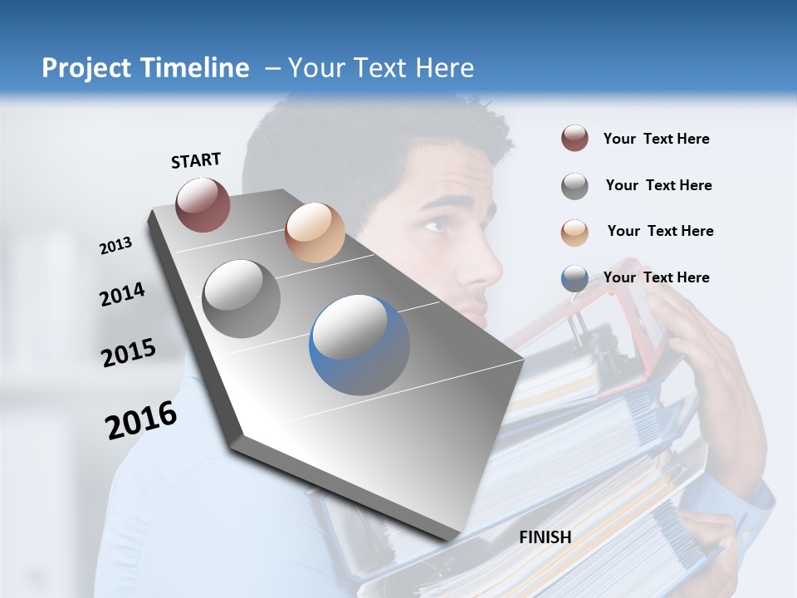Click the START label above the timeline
click(x=196, y=160)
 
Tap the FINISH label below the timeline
click(x=545, y=537)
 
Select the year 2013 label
click(x=116, y=246)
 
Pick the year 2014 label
click(x=123, y=294)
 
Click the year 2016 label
click(x=141, y=420)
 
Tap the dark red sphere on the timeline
click(x=203, y=204)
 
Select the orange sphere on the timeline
click(x=315, y=233)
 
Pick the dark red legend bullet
click(x=575, y=139)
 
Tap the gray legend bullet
click(x=575, y=186)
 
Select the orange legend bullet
click(x=575, y=232)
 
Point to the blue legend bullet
click(x=575, y=278)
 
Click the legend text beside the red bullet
click(x=657, y=140)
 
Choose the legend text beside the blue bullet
click(x=657, y=277)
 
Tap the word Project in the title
click(x=86, y=68)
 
